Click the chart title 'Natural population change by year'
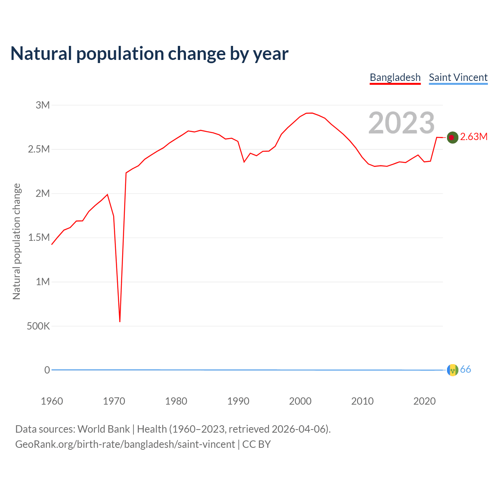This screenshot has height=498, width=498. pyautogui.click(x=149, y=54)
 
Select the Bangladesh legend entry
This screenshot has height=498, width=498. pyautogui.click(x=395, y=77)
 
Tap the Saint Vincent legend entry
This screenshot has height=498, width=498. pyautogui.click(x=458, y=77)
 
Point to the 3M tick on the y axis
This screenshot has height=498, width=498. pyautogui.click(x=43, y=105)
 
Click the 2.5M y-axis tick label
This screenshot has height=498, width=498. pyautogui.click(x=39, y=149)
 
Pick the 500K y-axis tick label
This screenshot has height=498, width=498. pyautogui.click(x=38, y=326)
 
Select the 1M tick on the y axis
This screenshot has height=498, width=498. pyautogui.click(x=43, y=282)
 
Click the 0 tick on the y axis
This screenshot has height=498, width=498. pyautogui.click(x=47, y=370)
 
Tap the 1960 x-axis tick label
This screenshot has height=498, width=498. pyautogui.click(x=52, y=401)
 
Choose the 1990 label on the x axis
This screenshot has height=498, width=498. pyautogui.click(x=238, y=401)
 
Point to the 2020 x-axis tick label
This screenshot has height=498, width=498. pyautogui.click(x=424, y=401)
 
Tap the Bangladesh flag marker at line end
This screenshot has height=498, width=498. pyautogui.click(x=452, y=137)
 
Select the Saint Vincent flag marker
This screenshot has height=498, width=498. pyautogui.click(x=452, y=370)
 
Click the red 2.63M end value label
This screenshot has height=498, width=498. pyautogui.click(x=473, y=137)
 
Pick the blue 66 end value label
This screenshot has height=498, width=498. pyautogui.click(x=465, y=370)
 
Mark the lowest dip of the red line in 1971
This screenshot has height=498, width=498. pyautogui.click(x=120, y=321)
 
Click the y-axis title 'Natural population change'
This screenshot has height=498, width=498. pyautogui.click(x=17, y=241)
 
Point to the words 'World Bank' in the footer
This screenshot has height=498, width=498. pyautogui.click(x=103, y=429)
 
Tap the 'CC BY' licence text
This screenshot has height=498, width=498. pyautogui.click(x=256, y=444)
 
